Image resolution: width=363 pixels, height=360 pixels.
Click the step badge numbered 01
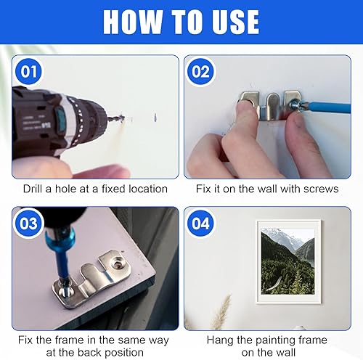pos(29,72)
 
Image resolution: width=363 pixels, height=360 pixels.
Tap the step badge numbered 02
pos(200,72)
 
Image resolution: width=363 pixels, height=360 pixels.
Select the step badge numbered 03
pos(29,223)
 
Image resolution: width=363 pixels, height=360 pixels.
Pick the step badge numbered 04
pos(200,223)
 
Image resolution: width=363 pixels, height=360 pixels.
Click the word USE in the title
pos(236,22)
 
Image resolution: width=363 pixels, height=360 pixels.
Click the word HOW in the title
pos(132,22)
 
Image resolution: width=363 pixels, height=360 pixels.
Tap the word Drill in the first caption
pos(33,189)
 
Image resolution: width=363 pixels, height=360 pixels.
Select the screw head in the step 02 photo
pos(294,106)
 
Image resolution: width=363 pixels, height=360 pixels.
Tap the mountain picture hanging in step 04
pos(289,261)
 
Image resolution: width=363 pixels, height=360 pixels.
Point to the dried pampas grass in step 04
pos(221,312)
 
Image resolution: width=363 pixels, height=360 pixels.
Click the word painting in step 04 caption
pos(276,340)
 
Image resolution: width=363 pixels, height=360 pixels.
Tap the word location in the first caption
pos(148,189)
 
